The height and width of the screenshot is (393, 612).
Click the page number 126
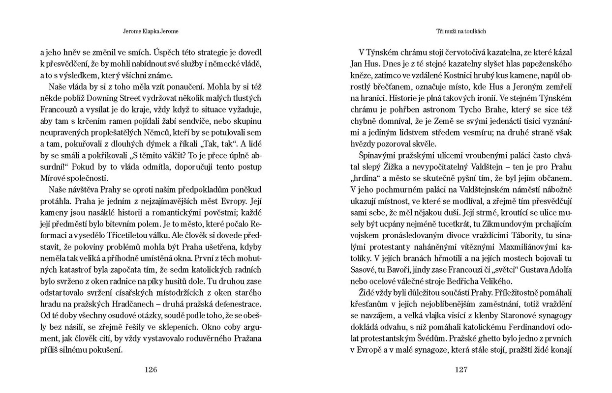point(151,370)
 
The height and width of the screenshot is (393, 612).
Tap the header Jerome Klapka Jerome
point(150,31)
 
